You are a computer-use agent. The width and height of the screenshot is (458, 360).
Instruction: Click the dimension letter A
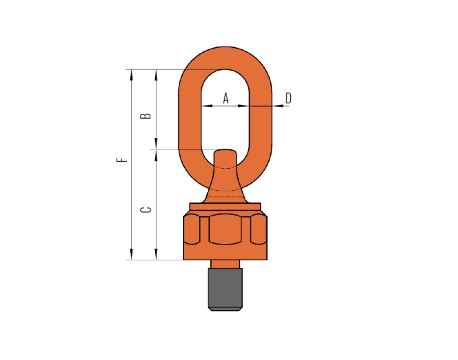(x=226, y=98)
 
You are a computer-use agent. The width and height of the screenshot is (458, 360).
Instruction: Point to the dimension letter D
(x=288, y=98)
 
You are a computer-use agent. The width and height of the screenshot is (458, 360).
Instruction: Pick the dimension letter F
(x=122, y=160)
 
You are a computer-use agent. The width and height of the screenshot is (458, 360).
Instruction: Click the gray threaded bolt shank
(x=225, y=289)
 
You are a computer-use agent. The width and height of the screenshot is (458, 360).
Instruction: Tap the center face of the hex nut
(x=225, y=229)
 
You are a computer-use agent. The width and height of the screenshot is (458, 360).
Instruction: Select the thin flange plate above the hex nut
(x=225, y=206)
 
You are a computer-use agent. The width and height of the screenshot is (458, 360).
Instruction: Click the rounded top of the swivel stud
(x=225, y=152)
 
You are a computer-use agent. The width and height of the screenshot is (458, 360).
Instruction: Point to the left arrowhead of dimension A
(x=206, y=106)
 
